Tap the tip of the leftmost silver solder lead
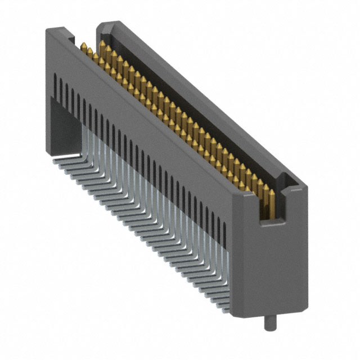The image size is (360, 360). pyautogui.click(x=56, y=159)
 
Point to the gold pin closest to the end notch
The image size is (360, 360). pyautogui.click(x=268, y=194)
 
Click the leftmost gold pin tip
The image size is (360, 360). pyautogui.click(x=83, y=45)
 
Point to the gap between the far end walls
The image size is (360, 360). pyautogui.click(x=84, y=38)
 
